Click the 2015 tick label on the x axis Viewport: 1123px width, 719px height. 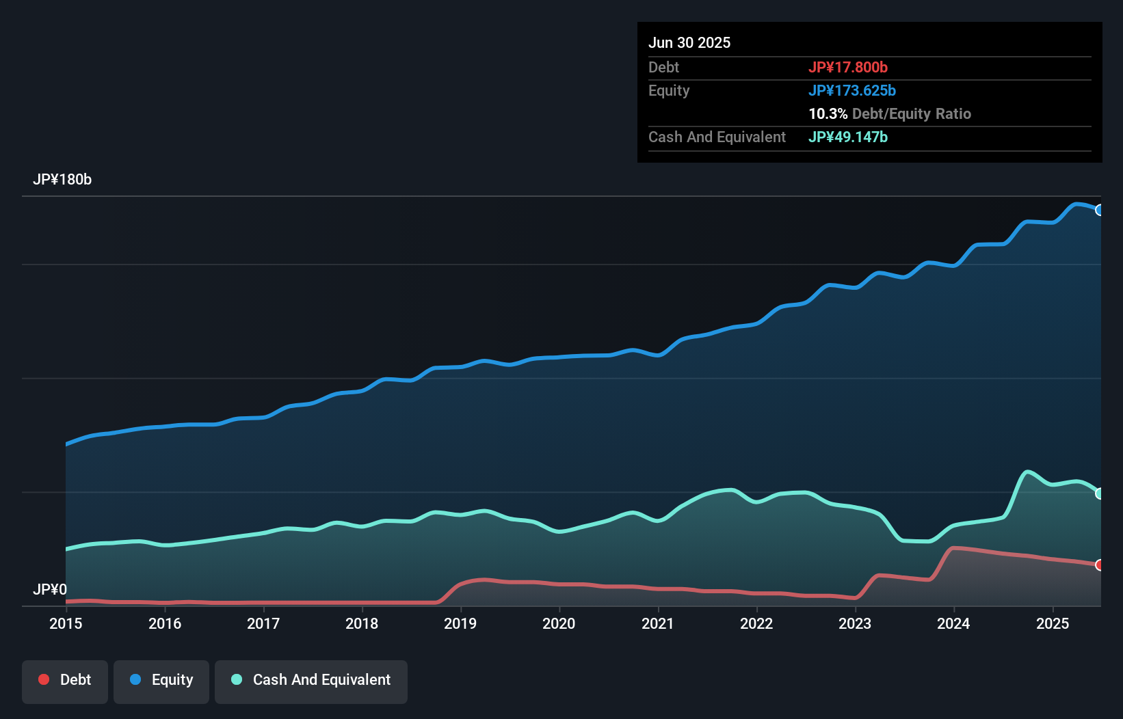[x=66, y=623]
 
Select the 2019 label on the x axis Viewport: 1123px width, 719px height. [x=460, y=623]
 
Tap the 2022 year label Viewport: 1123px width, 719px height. [x=756, y=623]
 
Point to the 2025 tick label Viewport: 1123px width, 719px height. [x=1052, y=623]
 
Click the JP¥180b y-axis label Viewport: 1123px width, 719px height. [x=62, y=180]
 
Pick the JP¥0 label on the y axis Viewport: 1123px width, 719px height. [x=50, y=589]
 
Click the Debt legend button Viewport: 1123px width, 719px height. [x=65, y=680]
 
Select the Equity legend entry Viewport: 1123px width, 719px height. [x=161, y=680]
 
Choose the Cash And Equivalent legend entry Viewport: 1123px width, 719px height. [x=311, y=680]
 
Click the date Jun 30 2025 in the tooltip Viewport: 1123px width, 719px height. [x=689, y=42]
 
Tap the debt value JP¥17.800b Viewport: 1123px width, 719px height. [x=848, y=67]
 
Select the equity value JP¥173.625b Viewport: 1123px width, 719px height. [x=852, y=90]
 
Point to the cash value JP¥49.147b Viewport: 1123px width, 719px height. [x=848, y=137]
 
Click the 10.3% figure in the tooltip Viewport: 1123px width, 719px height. [x=828, y=113]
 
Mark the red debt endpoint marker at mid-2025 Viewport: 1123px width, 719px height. [x=1099, y=565]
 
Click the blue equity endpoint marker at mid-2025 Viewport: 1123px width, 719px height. [x=1099, y=210]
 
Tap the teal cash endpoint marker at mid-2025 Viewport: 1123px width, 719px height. [x=1099, y=493]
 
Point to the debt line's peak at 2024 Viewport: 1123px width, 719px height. [x=954, y=548]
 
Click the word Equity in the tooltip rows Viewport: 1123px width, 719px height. [x=669, y=90]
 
